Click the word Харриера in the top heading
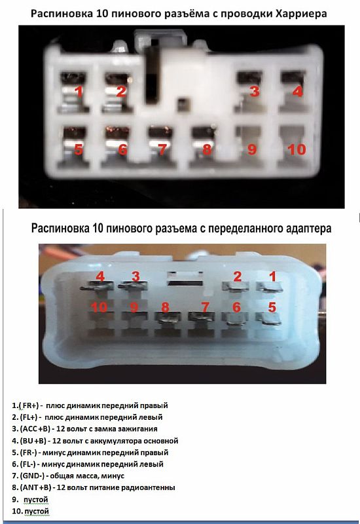coord(301,14)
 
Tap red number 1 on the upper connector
coord(79,91)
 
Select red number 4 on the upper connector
coord(297,91)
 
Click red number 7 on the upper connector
coord(162,149)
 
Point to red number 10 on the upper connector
coord(297,149)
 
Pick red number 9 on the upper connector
coord(252,149)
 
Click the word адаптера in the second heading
coord(308,229)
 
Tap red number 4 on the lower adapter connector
coord(100,276)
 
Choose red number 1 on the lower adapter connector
coord(273,276)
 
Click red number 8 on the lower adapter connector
coord(166,307)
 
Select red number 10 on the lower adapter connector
coord(99,307)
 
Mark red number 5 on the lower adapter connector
coord(272,307)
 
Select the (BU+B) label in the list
coord(33,441)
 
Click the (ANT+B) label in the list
coord(36,487)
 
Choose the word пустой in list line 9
coord(36,500)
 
